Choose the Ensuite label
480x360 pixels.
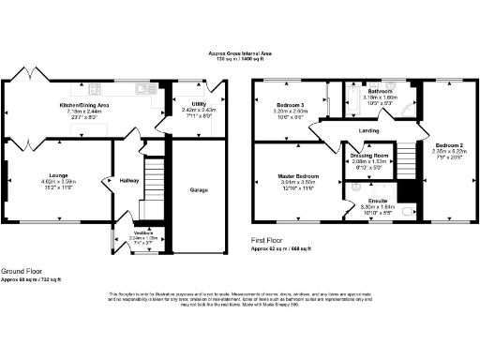click(x=378, y=202)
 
